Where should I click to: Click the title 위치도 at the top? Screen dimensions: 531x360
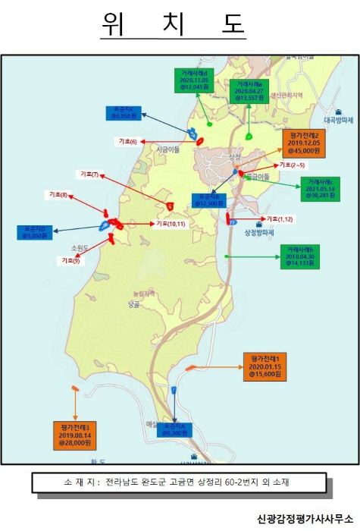coord(174,25)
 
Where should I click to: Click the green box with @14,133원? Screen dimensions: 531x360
coord(302,256)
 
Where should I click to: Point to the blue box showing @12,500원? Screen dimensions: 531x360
coord(208,200)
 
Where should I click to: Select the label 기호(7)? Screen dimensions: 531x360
coord(89,175)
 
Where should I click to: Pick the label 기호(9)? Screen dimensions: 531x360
coord(71,260)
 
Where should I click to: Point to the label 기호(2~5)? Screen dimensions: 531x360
coord(293,165)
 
